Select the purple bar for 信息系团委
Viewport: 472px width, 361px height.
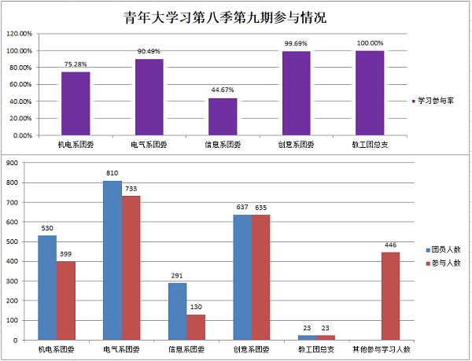click(223, 116)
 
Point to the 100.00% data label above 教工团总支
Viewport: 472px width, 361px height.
click(370, 43)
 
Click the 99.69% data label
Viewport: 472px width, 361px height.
click(297, 43)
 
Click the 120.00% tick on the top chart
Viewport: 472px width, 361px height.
click(20, 35)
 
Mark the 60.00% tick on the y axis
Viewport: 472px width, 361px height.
click(20, 85)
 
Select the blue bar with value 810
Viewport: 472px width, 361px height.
click(112, 260)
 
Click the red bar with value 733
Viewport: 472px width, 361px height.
click(131, 268)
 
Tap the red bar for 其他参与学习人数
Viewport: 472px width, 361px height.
click(391, 297)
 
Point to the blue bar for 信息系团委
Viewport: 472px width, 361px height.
click(177, 311)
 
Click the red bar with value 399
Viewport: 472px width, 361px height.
click(66, 300)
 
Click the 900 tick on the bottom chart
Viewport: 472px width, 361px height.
click(13, 164)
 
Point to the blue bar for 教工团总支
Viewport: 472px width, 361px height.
click(307, 337)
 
